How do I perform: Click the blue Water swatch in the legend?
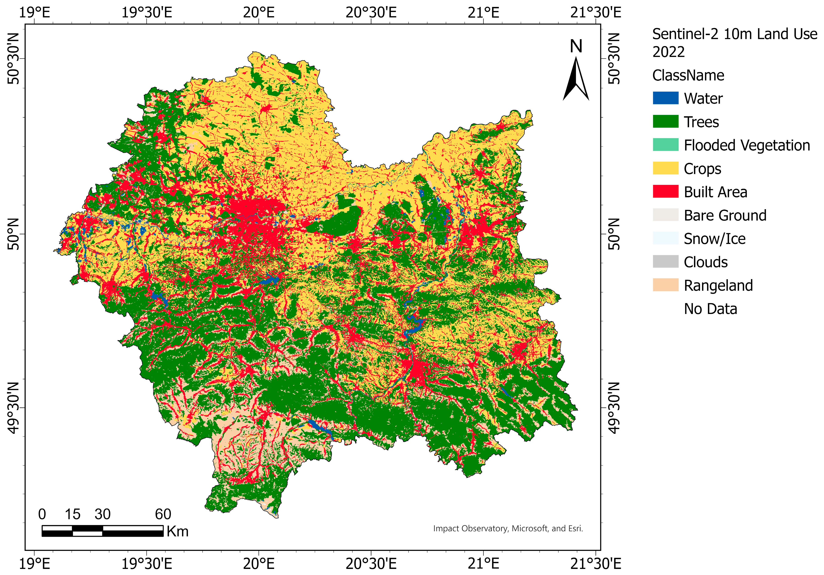click(665, 98)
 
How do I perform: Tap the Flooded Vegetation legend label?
click(746, 145)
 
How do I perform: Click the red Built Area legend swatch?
click(665, 191)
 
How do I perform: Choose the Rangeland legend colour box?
click(665, 285)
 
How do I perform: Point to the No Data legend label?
click(710, 309)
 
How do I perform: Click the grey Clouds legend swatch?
click(665, 261)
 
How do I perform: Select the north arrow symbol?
click(576, 79)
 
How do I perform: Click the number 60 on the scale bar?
click(163, 514)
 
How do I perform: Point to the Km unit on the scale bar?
click(177, 531)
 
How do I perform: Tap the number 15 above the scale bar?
click(73, 514)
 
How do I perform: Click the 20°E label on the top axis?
click(259, 13)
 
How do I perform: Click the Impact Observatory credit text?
click(508, 528)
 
